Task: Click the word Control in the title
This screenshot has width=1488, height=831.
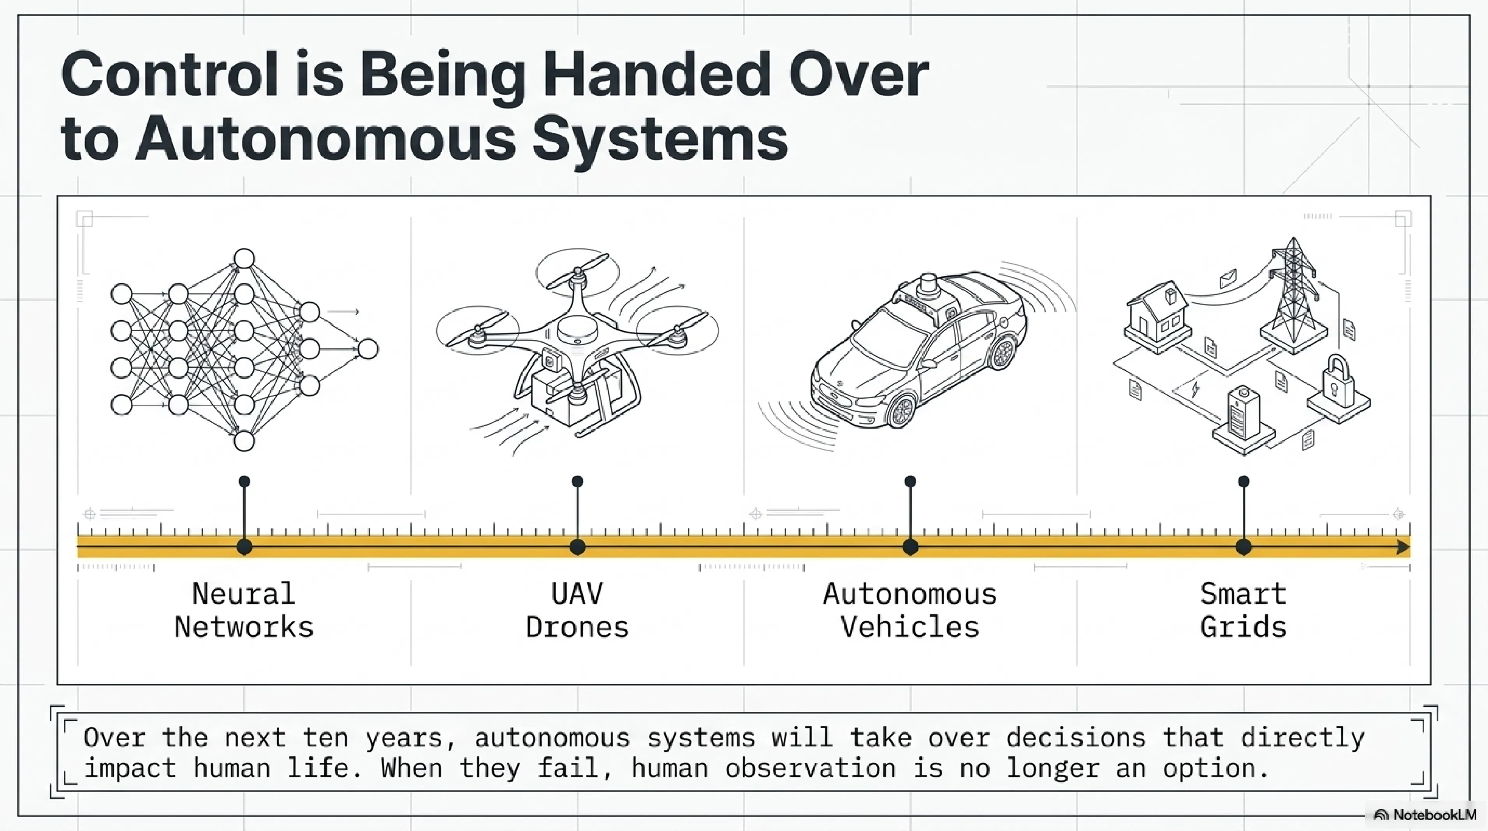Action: (x=172, y=76)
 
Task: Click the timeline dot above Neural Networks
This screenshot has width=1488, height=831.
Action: (x=244, y=547)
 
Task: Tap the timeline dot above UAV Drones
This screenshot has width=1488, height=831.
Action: (x=577, y=547)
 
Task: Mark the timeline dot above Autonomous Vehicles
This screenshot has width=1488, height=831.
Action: (x=910, y=547)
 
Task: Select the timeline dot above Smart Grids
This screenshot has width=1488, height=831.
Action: (x=1244, y=547)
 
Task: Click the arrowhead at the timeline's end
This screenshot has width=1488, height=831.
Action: (x=1404, y=547)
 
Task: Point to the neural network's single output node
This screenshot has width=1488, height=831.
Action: (x=368, y=349)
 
